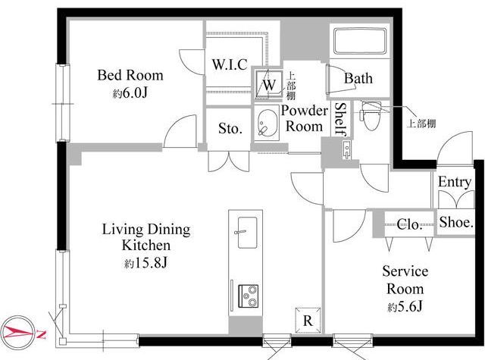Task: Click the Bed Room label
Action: [x=130, y=75]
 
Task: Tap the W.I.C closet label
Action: [x=230, y=64]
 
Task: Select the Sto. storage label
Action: [x=230, y=128]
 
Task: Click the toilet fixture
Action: [x=372, y=116]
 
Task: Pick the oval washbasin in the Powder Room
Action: [x=267, y=123]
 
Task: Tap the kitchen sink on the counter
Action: [x=247, y=232]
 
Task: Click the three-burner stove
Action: [x=248, y=296]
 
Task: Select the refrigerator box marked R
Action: [x=308, y=321]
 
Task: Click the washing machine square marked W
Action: [x=269, y=85]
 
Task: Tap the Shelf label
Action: [x=340, y=120]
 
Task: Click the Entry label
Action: [x=455, y=182]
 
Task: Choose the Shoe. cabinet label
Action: [x=456, y=222]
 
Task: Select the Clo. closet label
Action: [x=409, y=224]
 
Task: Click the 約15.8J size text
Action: [x=145, y=263]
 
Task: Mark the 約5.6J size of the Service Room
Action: [x=405, y=307]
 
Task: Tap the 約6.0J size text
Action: [x=130, y=93]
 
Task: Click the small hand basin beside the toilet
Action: [x=347, y=150]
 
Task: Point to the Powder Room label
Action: [x=305, y=118]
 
